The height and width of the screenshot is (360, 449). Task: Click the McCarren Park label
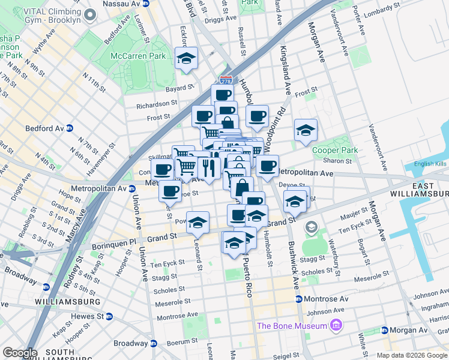(137, 56)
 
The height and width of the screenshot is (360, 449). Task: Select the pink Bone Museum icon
(335, 326)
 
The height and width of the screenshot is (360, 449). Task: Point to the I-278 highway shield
(226, 79)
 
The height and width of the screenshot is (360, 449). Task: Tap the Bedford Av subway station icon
(69, 128)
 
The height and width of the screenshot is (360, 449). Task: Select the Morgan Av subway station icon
(385, 330)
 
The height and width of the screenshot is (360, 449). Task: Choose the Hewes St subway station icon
(109, 316)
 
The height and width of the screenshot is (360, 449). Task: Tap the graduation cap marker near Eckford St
(186, 58)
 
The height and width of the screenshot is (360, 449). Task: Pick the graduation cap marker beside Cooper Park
(306, 130)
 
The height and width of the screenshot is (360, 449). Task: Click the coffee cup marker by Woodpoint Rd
(257, 116)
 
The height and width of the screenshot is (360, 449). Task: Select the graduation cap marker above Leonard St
(197, 222)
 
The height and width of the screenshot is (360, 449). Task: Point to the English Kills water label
(431, 164)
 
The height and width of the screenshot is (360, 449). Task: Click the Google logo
(20, 353)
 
